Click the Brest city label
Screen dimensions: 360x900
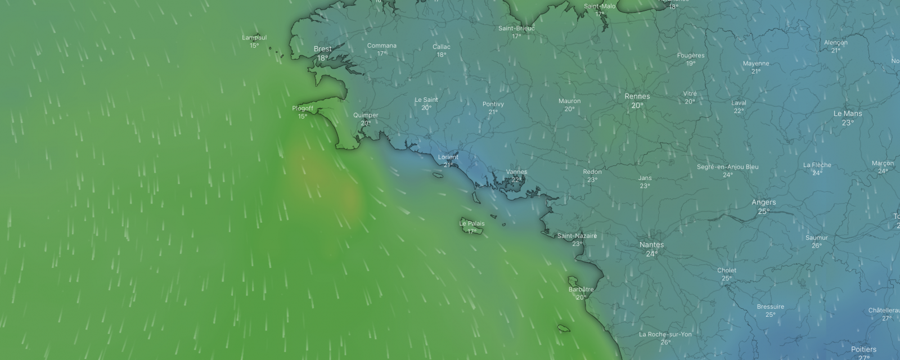(x=322, y=49)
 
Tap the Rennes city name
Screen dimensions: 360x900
(x=637, y=96)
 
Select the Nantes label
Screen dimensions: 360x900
(x=651, y=245)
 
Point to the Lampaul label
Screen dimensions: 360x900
(x=254, y=38)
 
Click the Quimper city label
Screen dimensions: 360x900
(x=366, y=115)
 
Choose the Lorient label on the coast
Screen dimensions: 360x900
(x=448, y=157)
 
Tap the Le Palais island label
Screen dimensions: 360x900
(x=471, y=223)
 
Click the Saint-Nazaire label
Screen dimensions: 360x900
(x=577, y=236)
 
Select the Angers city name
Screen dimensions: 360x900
(x=763, y=202)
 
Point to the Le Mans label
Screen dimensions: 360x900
(x=847, y=114)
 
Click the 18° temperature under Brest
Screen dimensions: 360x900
(x=322, y=58)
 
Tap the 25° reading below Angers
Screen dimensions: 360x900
(x=763, y=211)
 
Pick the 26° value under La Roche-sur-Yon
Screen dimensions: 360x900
(x=665, y=343)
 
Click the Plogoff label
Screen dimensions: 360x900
(x=303, y=108)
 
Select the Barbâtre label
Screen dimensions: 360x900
(x=581, y=289)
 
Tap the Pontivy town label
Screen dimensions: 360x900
(x=493, y=104)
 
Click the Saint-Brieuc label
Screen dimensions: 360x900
(x=516, y=28)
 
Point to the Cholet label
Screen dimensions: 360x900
(x=727, y=270)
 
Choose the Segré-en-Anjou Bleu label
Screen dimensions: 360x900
(x=727, y=167)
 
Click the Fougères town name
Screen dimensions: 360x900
(x=691, y=55)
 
